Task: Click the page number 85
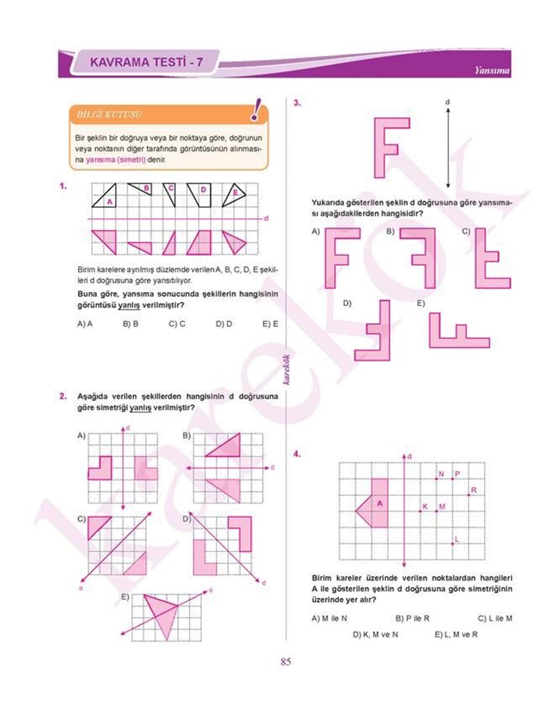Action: coord(286,661)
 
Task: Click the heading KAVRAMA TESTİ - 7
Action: coord(146,62)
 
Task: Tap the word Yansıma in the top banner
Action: coord(492,71)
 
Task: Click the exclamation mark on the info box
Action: coord(256,110)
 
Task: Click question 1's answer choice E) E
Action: coord(270,324)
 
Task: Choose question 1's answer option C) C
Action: coord(177,324)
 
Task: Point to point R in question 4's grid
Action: coord(470,494)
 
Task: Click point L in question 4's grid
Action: coord(453,543)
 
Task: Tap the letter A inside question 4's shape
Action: coord(380,503)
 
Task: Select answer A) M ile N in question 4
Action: coord(329,619)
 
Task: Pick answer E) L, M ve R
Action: coord(456,634)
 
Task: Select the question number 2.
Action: coord(63,396)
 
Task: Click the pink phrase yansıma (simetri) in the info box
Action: coord(116,159)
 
